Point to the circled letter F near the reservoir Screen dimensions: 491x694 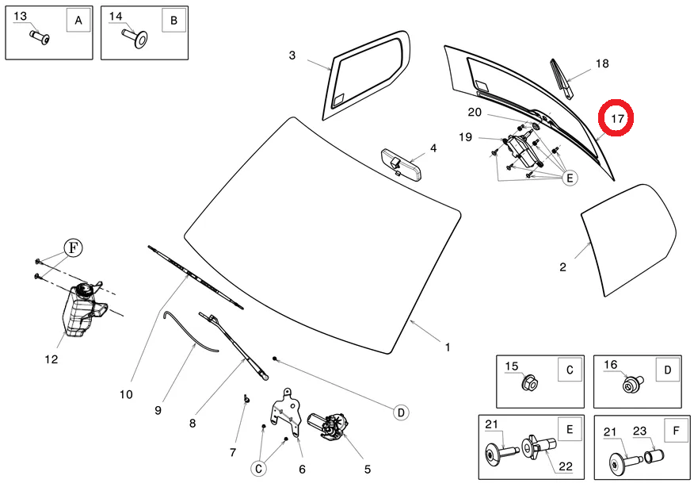(73, 247)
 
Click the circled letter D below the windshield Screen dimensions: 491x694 (402, 412)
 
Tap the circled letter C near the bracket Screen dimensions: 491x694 (258, 469)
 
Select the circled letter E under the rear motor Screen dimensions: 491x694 (570, 178)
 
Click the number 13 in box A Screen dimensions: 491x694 (21, 17)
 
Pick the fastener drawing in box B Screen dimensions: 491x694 (137, 36)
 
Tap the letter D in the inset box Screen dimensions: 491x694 (668, 369)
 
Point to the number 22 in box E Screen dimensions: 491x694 (565, 466)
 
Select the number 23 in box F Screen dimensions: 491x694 (640, 431)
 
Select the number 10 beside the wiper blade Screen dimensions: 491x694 (126, 393)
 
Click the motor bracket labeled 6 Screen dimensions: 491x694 (286, 412)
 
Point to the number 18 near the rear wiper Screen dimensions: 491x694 (602, 63)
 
